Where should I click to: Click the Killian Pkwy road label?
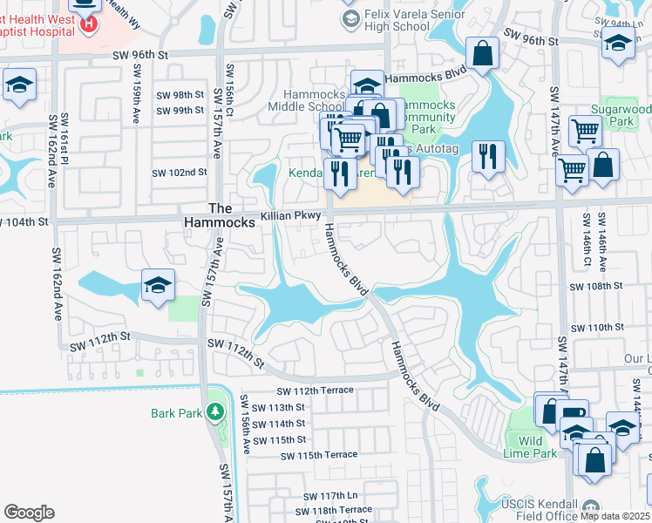tap(291, 214)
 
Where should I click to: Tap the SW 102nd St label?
tap(180, 173)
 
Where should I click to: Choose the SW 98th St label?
tap(180, 95)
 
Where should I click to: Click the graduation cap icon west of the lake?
tap(159, 285)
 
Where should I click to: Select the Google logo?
tap(29, 513)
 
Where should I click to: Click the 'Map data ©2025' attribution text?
tap(615, 516)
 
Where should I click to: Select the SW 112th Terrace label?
tap(315, 391)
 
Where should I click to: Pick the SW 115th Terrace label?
tap(319, 455)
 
